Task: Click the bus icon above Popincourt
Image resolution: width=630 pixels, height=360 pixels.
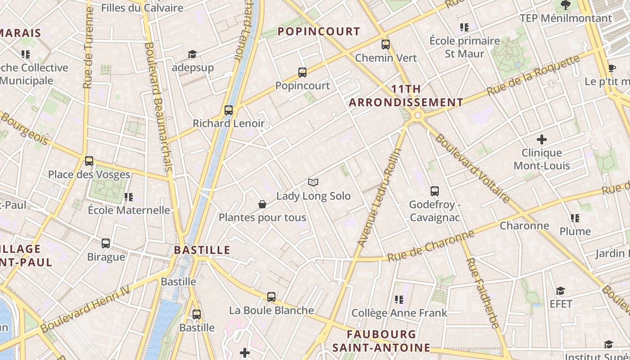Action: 302,72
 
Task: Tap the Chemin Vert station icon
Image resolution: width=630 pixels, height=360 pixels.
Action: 386,44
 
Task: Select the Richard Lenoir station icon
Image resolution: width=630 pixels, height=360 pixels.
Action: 229,110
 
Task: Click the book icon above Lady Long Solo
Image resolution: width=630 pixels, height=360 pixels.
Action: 313,182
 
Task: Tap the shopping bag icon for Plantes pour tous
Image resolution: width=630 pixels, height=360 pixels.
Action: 262,204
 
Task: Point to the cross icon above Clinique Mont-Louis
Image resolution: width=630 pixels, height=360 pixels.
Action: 542,139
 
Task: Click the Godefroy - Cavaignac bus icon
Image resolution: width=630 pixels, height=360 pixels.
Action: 434,191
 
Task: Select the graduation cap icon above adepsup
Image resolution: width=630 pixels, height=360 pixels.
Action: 193,54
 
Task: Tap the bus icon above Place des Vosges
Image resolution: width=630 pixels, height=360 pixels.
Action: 89,161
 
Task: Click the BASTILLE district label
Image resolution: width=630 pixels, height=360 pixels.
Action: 202,250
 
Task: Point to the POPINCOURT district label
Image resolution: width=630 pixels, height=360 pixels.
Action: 319,31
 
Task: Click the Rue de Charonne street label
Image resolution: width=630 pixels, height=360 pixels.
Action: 431,246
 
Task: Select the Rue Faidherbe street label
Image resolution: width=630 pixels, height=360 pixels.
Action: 482,292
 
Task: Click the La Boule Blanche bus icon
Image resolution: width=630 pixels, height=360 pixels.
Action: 271,297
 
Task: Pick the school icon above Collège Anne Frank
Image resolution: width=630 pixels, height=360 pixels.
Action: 399,299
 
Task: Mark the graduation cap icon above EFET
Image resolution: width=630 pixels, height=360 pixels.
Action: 560,291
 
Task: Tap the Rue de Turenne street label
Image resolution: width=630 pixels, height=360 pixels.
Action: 88,47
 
